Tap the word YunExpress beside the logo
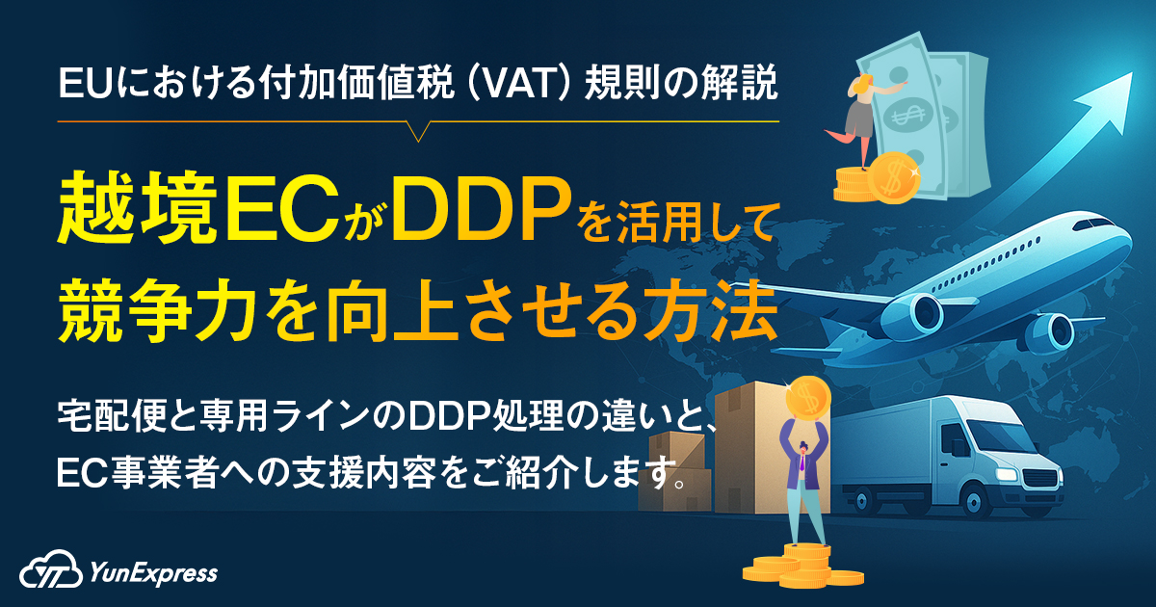pos(152,573)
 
